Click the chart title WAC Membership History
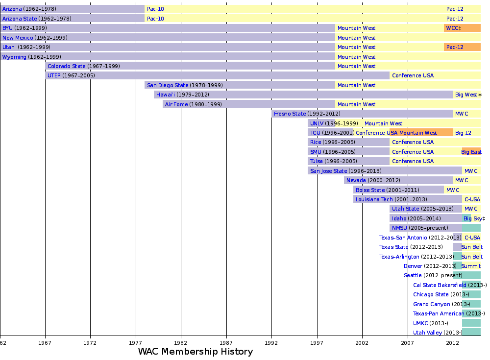coord(195,352)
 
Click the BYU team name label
coord(7,28)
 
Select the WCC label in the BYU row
coord(453,28)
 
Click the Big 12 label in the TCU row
coord(463,133)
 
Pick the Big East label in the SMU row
coord(471,152)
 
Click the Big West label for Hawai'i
coord(466,95)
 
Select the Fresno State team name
coord(290,114)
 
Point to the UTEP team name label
coord(54,75)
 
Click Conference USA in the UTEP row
coord(413,75)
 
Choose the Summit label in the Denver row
coord(471,266)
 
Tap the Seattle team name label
coord(413,275)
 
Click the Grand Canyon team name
coord(431,304)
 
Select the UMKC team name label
coord(420,323)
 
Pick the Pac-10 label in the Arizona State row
coord(155,19)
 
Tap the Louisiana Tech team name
coord(374,199)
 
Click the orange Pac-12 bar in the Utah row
coord(462,47)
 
